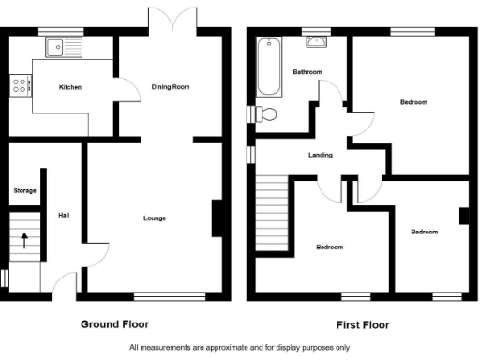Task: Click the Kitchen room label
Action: click(x=70, y=87)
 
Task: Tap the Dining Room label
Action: click(x=171, y=87)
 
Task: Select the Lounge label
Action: click(x=155, y=218)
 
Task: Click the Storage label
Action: click(x=24, y=190)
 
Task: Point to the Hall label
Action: click(x=63, y=214)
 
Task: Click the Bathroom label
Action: click(x=307, y=72)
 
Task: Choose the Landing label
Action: click(x=321, y=156)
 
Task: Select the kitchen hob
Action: click(x=19, y=86)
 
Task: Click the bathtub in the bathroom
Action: click(x=269, y=67)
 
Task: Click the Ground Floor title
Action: click(x=115, y=325)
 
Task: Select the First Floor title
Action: click(x=363, y=325)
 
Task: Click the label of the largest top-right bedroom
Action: click(x=413, y=101)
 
